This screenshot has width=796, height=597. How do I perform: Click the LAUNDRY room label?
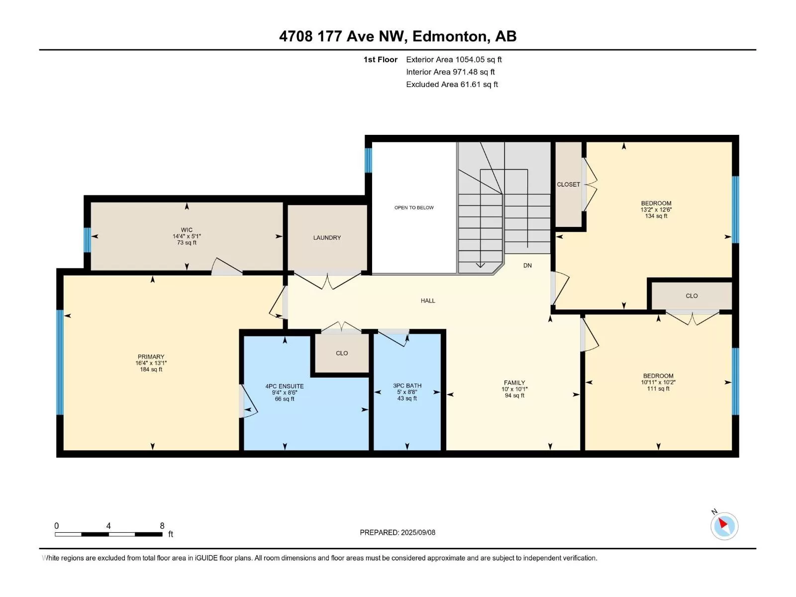tap(327, 238)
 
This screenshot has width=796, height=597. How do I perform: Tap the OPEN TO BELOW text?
tap(414, 207)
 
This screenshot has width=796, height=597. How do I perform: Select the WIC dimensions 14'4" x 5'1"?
tap(187, 236)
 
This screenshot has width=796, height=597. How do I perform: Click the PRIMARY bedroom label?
tap(151, 357)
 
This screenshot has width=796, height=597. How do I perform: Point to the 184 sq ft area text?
tap(151, 369)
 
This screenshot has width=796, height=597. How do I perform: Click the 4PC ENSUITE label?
tap(284, 387)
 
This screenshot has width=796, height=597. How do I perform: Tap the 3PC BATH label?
tap(407, 386)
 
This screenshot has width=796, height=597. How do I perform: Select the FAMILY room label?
tap(514, 383)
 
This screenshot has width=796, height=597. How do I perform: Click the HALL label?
tap(428, 300)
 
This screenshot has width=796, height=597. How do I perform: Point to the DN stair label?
tap(527, 265)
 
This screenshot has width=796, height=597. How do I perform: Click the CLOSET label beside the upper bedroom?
tap(568, 185)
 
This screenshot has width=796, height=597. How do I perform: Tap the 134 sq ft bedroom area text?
tap(656, 216)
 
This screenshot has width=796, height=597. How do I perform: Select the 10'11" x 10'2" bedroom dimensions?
tap(658, 382)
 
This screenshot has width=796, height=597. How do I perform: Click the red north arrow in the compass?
tap(723, 523)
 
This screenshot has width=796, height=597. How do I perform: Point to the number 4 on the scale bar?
tap(108, 526)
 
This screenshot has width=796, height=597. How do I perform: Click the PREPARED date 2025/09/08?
tap(418, 532)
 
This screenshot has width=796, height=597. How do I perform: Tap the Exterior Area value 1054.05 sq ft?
tap(478, 59)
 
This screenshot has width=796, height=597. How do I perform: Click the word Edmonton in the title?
tap(449, 36)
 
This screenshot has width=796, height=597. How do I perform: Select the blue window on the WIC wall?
tap(87, 240)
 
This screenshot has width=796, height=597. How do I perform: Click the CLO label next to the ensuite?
tap(342, 353)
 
